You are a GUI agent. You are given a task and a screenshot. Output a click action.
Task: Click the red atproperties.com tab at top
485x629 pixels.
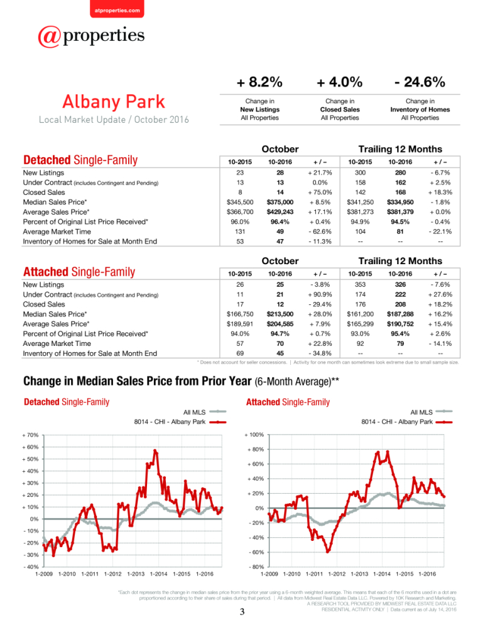coord(117,9)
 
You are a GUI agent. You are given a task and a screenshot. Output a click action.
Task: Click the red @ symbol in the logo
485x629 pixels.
coord(49,37)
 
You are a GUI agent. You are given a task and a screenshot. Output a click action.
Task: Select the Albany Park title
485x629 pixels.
coord(114,101)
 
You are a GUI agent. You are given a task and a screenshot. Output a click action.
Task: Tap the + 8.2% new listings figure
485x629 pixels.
coord(259,82)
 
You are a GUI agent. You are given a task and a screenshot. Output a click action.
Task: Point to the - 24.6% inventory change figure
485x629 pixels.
coord(420,82)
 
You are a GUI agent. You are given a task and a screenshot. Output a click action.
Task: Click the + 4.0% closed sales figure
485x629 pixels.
coord(340,82)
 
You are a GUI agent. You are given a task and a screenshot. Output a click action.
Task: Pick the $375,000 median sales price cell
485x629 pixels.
coord(280,202)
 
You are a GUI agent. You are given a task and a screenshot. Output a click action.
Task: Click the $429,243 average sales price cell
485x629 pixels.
coord(280,212)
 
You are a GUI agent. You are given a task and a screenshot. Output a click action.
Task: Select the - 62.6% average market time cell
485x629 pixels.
coord(320,231)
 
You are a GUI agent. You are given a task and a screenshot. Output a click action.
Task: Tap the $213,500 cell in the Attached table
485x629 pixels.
coord(280,314)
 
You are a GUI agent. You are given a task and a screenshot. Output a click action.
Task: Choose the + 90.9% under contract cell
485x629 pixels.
coord(320,294)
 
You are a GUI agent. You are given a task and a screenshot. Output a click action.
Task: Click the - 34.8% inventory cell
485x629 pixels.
coord(320,353)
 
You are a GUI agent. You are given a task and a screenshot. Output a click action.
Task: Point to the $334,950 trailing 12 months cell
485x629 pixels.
coord(400,202)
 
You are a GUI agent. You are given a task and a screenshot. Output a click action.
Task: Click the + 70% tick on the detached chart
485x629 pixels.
coord(30,435)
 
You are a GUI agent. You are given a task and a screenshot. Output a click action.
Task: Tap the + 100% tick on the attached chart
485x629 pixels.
coord(254,435)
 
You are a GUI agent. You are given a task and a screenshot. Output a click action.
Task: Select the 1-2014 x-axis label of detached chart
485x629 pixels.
coord(159,574)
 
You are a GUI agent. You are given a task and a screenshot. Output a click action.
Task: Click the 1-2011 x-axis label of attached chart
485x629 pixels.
coord(314,574)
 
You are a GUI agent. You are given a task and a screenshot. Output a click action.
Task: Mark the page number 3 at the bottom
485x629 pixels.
coord(242,612)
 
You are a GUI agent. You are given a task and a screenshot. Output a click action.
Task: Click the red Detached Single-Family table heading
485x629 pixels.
coord(80,160)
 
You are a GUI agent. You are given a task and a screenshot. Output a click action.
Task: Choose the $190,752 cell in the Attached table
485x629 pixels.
coord(400,324)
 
